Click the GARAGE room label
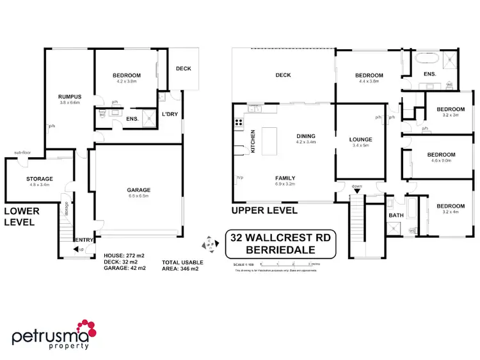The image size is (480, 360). click(x=138, y=190)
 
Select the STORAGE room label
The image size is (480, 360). click(x=39, y=178)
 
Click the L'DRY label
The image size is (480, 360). click(x=170, y=114)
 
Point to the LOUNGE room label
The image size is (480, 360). click(x=360, y=139)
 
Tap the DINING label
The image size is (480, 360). click(x=306, y=136)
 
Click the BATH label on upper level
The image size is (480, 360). click(x=396, y=215)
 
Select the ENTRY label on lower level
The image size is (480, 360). click(x=85, y=240)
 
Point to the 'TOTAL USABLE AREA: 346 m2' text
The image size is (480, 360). click(x=182, y=265)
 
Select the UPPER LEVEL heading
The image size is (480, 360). click(x=265, y=210)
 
